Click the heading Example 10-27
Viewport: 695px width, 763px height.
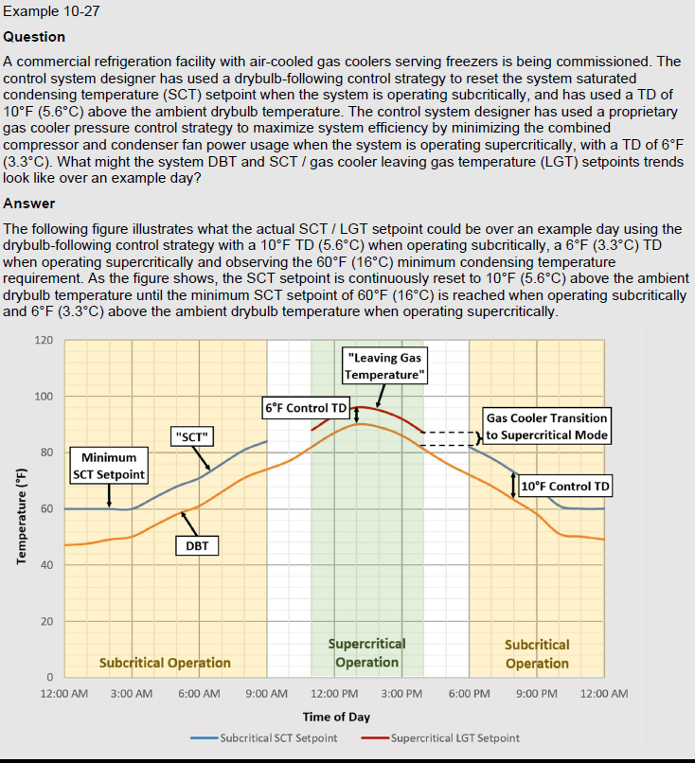tap(52, 12)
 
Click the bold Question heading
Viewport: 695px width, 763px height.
tap(35, 37)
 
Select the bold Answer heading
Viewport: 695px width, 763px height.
tap(29, 204)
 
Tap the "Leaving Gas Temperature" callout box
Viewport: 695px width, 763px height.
tap(385, 366)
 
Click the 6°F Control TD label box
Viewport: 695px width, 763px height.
tap(306, 408)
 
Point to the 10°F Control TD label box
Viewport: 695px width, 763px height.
tap(565, 487)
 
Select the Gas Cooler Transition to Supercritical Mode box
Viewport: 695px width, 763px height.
tap(546, 426)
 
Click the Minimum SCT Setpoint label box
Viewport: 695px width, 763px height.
tap(109, 466)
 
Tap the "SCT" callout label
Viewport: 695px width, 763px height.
tap(193, 435)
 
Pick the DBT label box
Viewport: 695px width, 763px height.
tap(197, 545)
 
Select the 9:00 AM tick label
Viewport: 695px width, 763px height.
tap(266, 694)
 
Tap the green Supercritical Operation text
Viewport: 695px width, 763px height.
tap(366, 653)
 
